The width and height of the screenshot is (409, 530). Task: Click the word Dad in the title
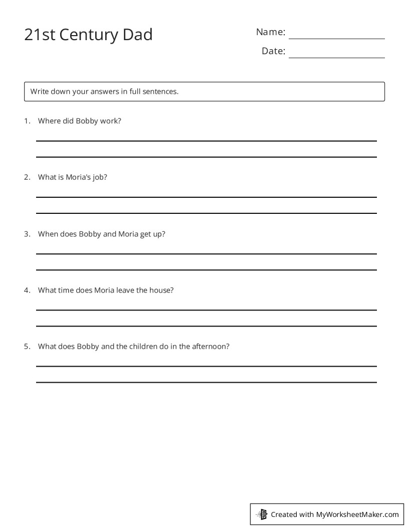pos(136,35)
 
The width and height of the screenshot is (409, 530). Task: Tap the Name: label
pos(271,32)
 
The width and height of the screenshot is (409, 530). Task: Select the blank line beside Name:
pos(336,38)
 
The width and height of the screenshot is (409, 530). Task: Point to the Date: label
pos(273,51)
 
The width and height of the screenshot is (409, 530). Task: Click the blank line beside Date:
pos(336,57)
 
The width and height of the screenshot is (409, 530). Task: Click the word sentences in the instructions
pos(160,91)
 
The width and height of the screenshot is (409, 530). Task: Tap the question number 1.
pos(27,121)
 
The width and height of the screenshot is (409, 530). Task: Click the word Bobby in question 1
pos(87,121)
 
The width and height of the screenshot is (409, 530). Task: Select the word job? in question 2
pos(99,177)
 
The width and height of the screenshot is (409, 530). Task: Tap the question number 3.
pos(27,234)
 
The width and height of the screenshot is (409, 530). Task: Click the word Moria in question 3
pos(128,234)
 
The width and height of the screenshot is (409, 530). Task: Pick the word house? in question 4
pos(161,290)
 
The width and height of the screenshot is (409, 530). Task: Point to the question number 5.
pos(27,346)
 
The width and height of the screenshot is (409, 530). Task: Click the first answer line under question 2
pos(206,197)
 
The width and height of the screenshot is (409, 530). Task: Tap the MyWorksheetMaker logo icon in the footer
pos(262,514)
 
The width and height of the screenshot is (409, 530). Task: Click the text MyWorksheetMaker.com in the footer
pos(357,514)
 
